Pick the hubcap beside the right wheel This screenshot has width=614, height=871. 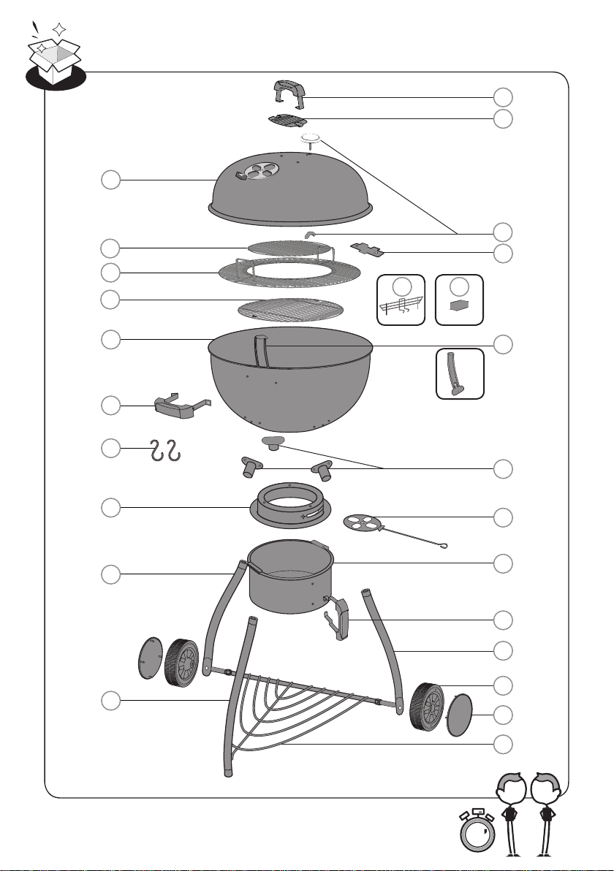pyautogui.click(x=460, y=715)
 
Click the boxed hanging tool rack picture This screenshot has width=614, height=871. pyautogui.click(x=399, y=300)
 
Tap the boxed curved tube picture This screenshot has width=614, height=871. pyautogui.click(x=460, y=373)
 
